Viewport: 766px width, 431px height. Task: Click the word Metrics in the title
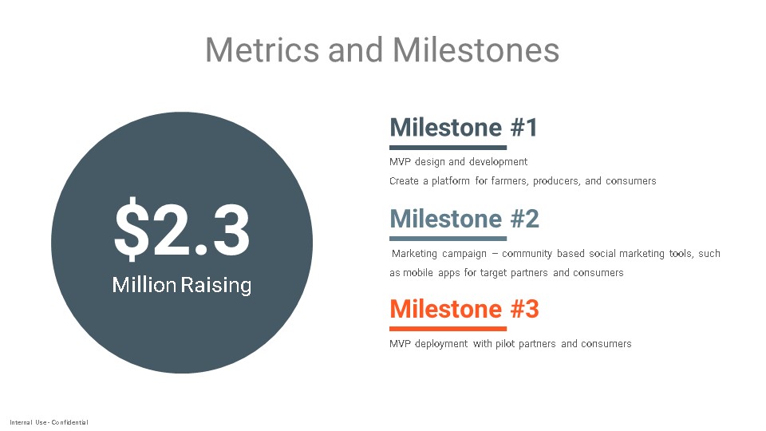tap(262, 49)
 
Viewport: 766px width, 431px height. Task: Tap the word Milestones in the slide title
tap(476, 49)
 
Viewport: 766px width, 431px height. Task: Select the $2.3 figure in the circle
tap(182, 228)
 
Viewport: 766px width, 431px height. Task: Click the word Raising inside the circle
tap(216, 285)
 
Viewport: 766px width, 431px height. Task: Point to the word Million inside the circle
tap(144, 284)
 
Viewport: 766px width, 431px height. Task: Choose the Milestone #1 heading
tap(464, 128)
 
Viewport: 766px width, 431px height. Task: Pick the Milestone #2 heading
tap(464, 219)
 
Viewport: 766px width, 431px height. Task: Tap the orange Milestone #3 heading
tap(464, 309)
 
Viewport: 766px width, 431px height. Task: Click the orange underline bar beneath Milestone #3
tap(448, 329)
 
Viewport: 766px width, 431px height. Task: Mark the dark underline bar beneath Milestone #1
tap(448, 148)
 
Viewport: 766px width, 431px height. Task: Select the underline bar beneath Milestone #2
tap(448, 239)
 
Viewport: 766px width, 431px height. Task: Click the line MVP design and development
tap(458, 162)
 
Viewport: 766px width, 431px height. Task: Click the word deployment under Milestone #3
tap(441, 344)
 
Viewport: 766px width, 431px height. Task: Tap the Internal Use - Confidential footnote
tap(49, 422)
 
